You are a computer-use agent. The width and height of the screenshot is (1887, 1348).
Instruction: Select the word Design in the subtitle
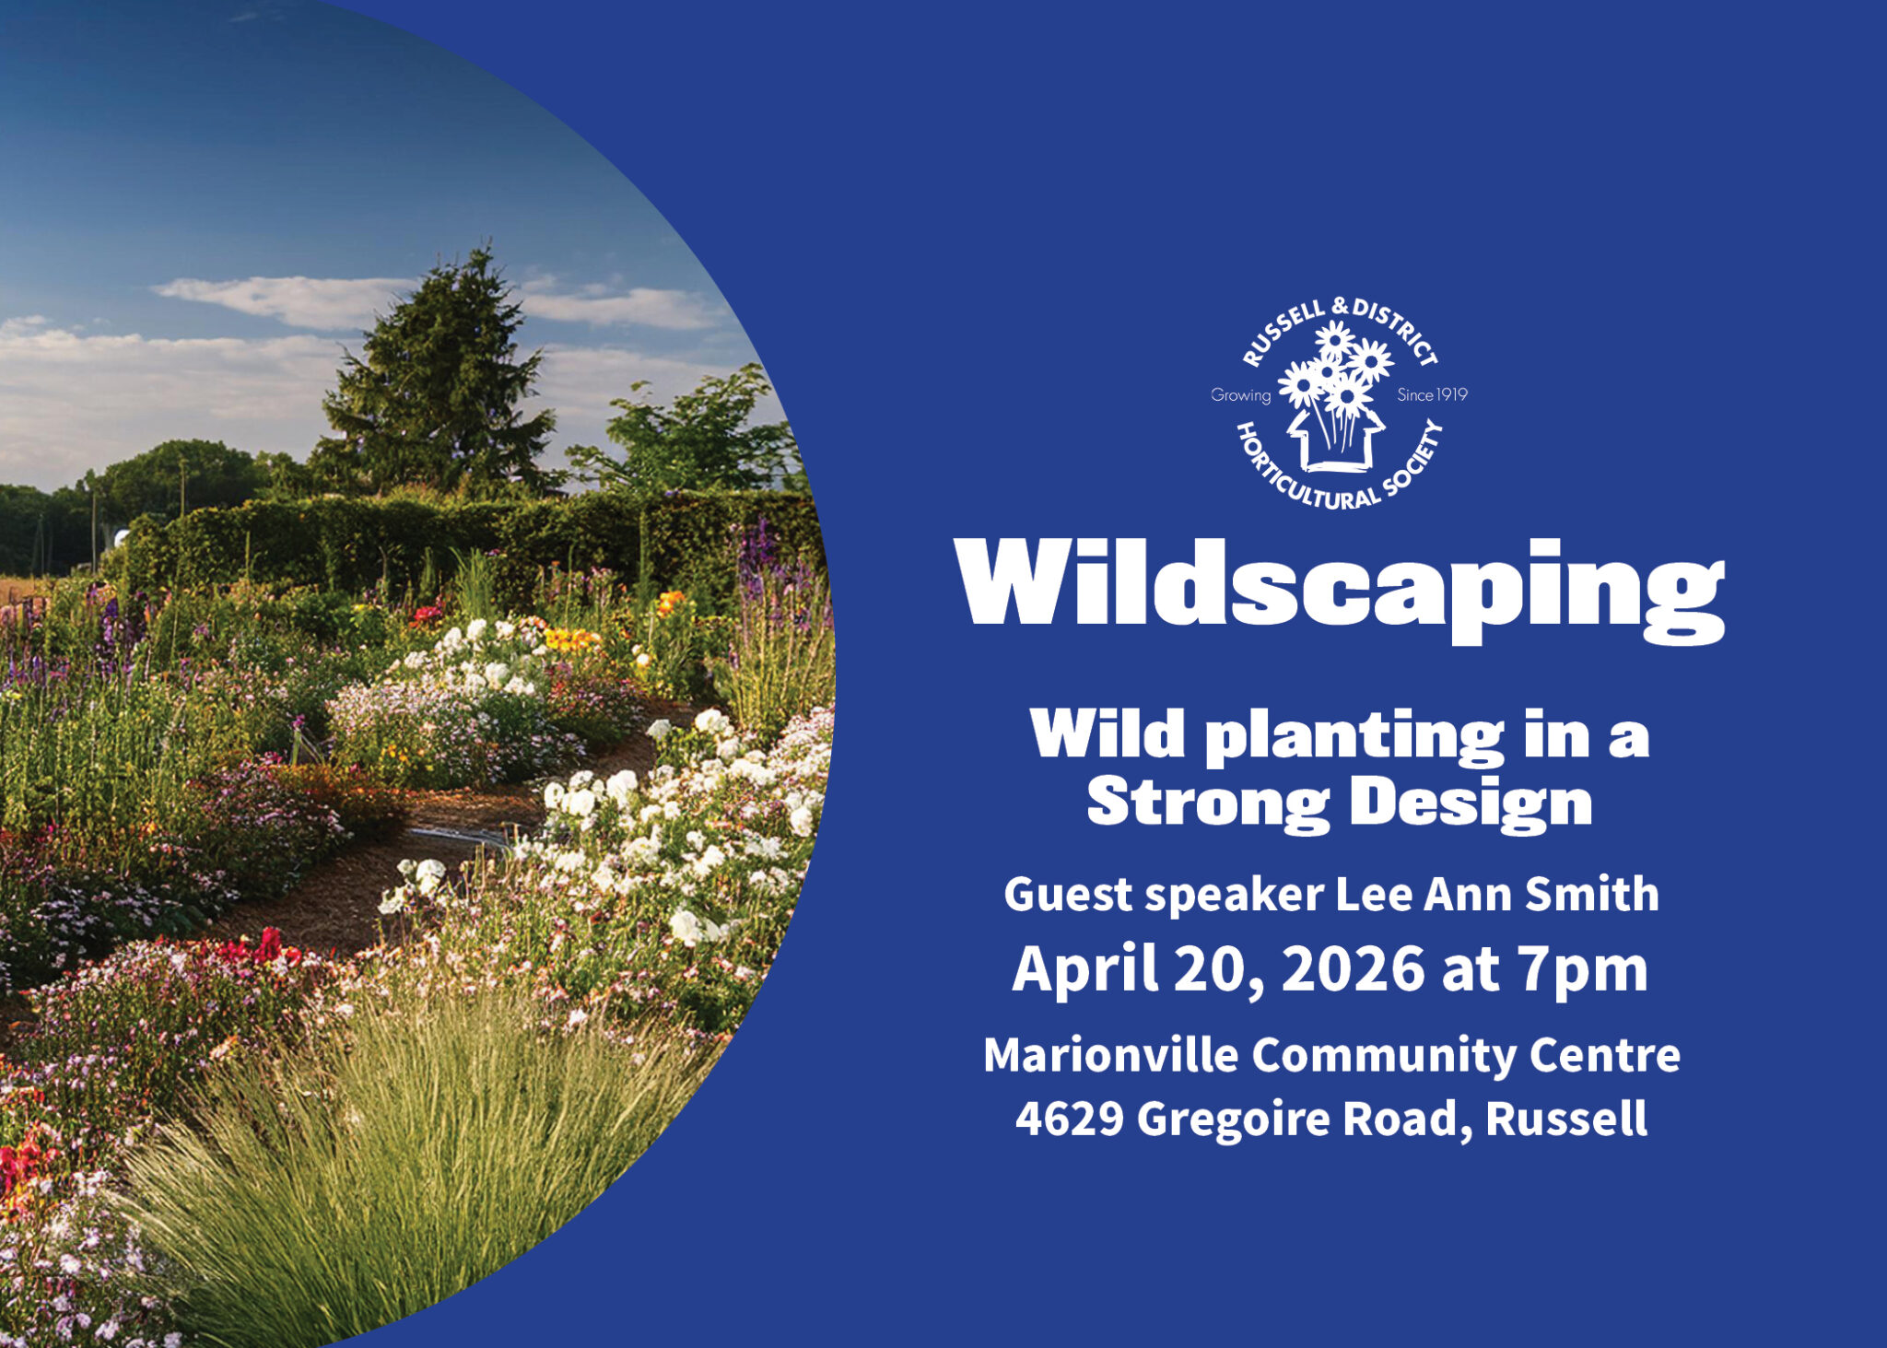1471,803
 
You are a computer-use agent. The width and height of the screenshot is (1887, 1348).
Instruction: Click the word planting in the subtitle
1354,736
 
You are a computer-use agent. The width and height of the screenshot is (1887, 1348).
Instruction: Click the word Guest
1068,895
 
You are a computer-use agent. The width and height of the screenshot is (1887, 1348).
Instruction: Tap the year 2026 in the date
1353,969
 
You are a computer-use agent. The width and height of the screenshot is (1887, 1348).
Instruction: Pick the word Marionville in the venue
1110,1055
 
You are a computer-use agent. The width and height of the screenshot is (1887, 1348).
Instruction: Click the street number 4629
1069,1119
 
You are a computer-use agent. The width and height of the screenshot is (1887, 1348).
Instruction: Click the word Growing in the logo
1240,395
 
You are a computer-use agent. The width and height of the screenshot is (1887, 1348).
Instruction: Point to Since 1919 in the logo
1432,395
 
